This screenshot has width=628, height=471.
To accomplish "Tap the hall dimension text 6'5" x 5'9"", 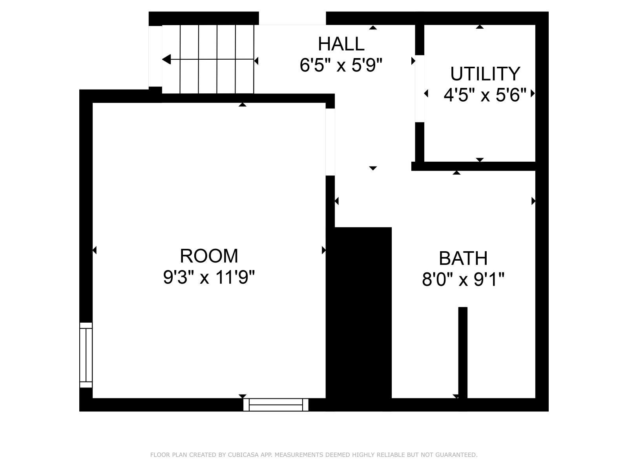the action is point(341,65).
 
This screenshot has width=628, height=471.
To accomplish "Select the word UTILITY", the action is point(485,74).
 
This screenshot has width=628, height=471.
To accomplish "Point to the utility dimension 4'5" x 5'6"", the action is point(485,95).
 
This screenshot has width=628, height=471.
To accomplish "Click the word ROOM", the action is point(209,256).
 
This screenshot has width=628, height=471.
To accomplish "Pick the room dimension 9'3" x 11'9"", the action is point(209,277).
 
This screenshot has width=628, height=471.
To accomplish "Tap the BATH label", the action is point(463,258).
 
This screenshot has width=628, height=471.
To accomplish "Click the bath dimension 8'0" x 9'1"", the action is point(463,279).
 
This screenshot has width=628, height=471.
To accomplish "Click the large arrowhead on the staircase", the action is point(166,60).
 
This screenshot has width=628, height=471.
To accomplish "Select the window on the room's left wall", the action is point(86,355).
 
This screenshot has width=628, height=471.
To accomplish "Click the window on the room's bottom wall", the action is point(276,405).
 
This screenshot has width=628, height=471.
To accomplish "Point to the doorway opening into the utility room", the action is point(420,89).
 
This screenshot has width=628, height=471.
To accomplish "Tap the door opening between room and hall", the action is point(330,142).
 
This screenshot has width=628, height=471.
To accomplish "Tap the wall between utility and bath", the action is point(473,166).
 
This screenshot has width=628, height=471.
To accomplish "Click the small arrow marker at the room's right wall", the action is point(323,250).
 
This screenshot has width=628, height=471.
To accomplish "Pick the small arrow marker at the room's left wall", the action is point(95,250).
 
